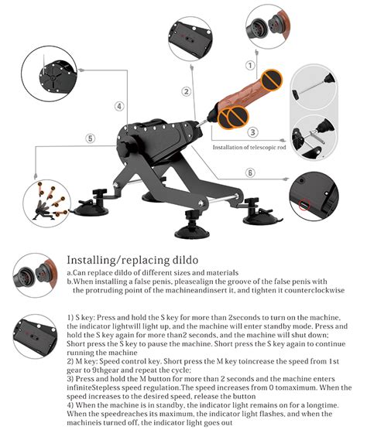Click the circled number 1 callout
[250, 66]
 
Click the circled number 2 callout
[187, 91]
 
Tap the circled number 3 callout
[252, 131]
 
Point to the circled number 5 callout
[91, 138]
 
